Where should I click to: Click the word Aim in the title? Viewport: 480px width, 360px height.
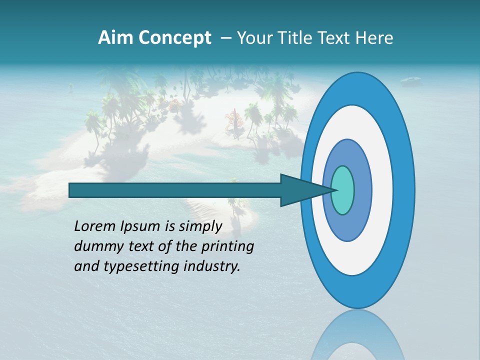point(115,38)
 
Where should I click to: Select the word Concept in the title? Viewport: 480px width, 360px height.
point(173,38)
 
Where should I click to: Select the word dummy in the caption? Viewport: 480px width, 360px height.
point(95,247)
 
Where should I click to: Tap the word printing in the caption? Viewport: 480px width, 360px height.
point(227,247)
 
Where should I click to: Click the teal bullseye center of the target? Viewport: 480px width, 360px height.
point(343,190)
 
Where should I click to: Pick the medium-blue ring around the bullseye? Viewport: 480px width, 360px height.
point(363,190)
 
